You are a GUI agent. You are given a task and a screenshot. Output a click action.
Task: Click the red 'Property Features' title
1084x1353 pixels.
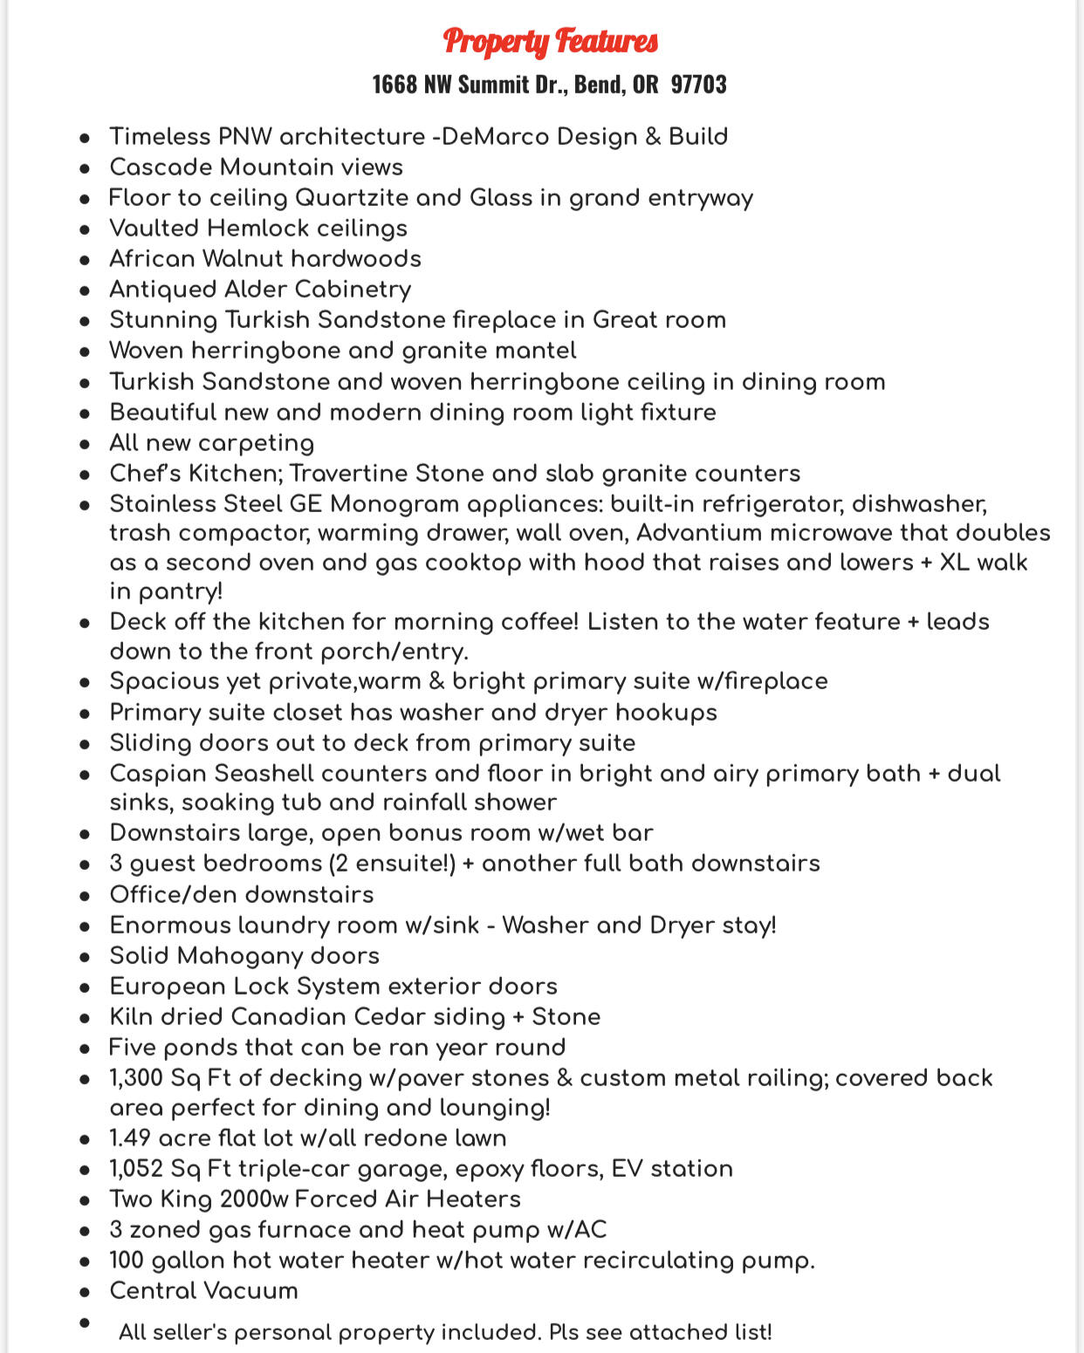(x=550, y=41)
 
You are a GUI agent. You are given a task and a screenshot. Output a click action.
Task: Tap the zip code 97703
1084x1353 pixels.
(x=698, y=85)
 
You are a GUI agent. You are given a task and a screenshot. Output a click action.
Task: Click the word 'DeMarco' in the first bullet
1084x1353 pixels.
(x=494, y=137)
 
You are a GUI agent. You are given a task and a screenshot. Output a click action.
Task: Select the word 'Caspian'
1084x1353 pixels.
(x=157, y=774)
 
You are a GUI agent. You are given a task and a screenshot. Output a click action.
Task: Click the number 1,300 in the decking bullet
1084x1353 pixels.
(x=136, y=1078)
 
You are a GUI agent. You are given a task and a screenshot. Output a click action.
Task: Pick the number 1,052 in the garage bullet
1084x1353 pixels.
(x=136, y=1169)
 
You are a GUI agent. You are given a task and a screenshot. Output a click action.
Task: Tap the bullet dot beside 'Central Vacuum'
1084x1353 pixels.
(x=85, y=1292)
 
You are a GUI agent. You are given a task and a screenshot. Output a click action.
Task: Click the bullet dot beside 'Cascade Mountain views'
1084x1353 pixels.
(x=85, y=168)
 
